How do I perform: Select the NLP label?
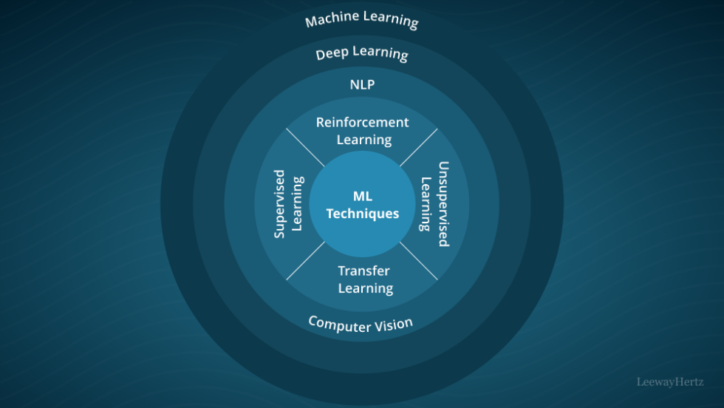coord(362,85)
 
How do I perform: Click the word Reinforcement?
coord(362,122)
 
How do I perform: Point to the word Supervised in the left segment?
coord(280,204)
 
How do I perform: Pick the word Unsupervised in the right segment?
coord(443,204)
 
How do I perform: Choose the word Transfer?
coord(363,271)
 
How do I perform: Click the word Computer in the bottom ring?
coord(336,324)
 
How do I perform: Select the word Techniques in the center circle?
coord(362,214)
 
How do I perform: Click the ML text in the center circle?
coord(362,196)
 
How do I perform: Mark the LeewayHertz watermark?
coord(671,382)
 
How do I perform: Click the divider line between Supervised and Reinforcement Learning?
coord(305,147)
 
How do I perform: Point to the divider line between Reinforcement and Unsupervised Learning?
coord(418,147)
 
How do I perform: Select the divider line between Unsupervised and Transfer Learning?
coord(419,261)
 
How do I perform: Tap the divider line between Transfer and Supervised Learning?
coord(305,261)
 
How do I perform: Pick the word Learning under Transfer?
coord(365,288)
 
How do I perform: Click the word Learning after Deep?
coord(380,53)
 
